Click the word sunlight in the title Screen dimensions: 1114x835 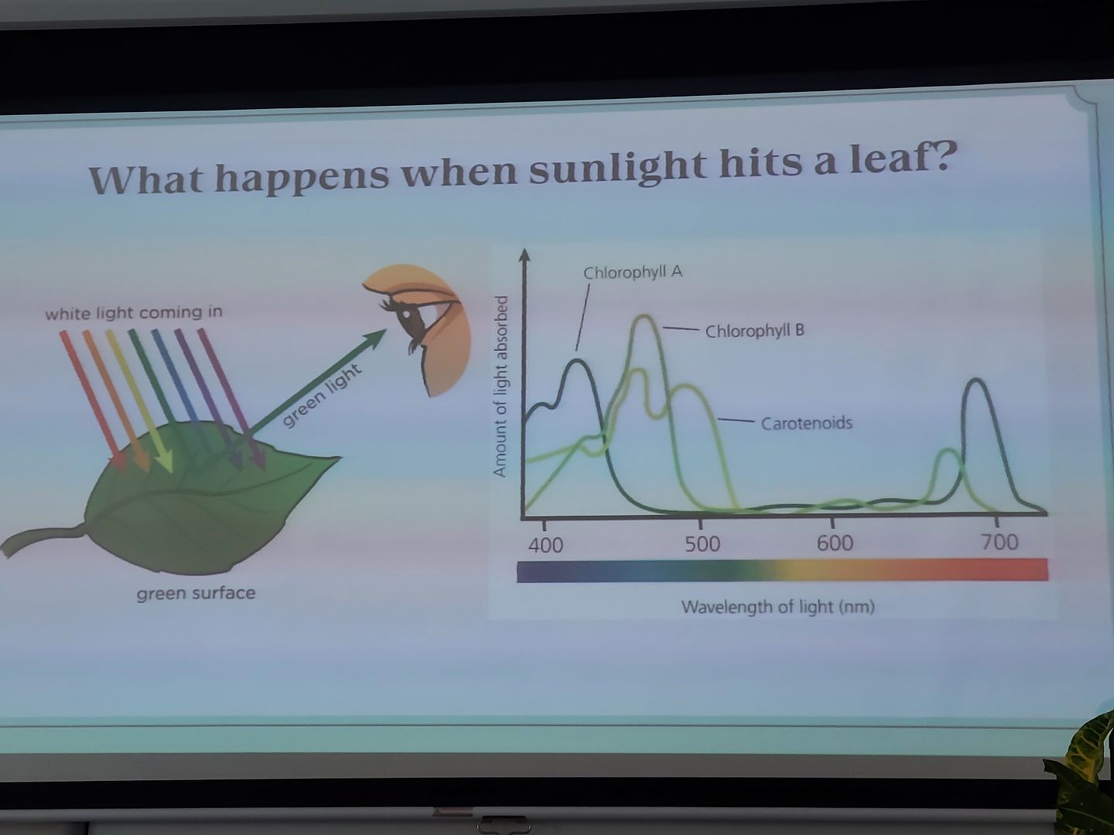click(x=617, y=165)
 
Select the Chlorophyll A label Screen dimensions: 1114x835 click(x=633, y=273)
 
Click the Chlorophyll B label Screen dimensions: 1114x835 click(x=755, y=331)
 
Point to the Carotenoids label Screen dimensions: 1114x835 click(x=806, y=423)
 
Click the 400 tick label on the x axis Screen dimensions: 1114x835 click(x=545, y=546)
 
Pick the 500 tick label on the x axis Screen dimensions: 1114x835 click(x=702, y=544)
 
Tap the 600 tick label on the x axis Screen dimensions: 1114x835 click(x=835, y=543)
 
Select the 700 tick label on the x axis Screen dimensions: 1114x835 click(x=1000, y=542)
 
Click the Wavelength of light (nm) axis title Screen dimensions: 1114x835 click(x=778, y=607)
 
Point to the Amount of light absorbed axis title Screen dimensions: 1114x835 click(x=501, y=387)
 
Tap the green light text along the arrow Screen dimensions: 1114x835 click(x=321, y=395)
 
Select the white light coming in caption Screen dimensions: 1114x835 click(x=134, y=313)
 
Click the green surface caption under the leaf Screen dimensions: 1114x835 click(x=196, y=593)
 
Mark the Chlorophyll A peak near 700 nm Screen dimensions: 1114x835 click(x=976, y=380)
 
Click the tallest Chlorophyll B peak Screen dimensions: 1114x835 click(x=644, y=317)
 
